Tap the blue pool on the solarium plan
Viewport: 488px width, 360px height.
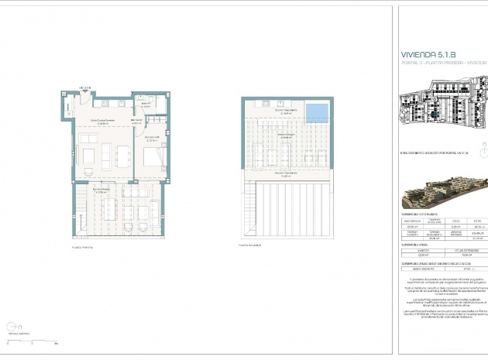315,113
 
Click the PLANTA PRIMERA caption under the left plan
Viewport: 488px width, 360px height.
82,247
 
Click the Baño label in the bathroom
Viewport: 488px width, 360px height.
143,102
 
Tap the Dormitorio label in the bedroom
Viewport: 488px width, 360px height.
152,138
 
